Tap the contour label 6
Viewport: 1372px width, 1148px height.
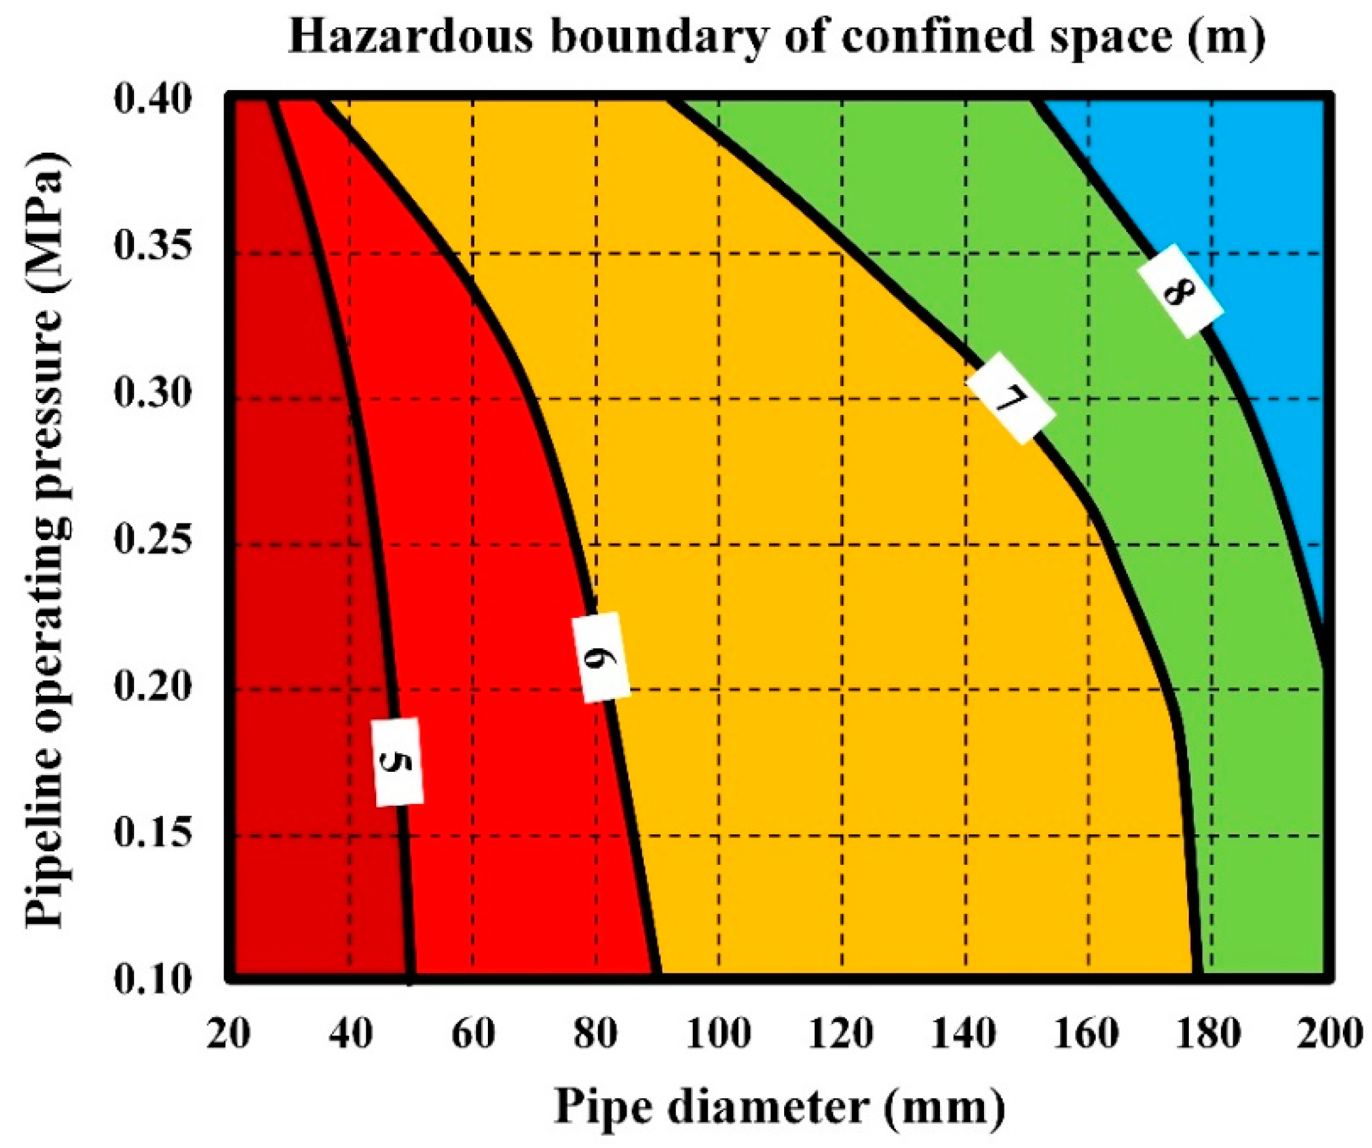[x=600, y=658]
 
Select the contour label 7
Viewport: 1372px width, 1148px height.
[x=1010, y=397]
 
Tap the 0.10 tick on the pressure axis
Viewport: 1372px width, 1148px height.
[x=153, y=980]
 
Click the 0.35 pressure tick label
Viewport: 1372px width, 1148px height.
[x=153, y=247]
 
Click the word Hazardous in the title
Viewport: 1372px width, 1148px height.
[x=410, y=38]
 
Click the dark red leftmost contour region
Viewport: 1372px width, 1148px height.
[x=294, y=588]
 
